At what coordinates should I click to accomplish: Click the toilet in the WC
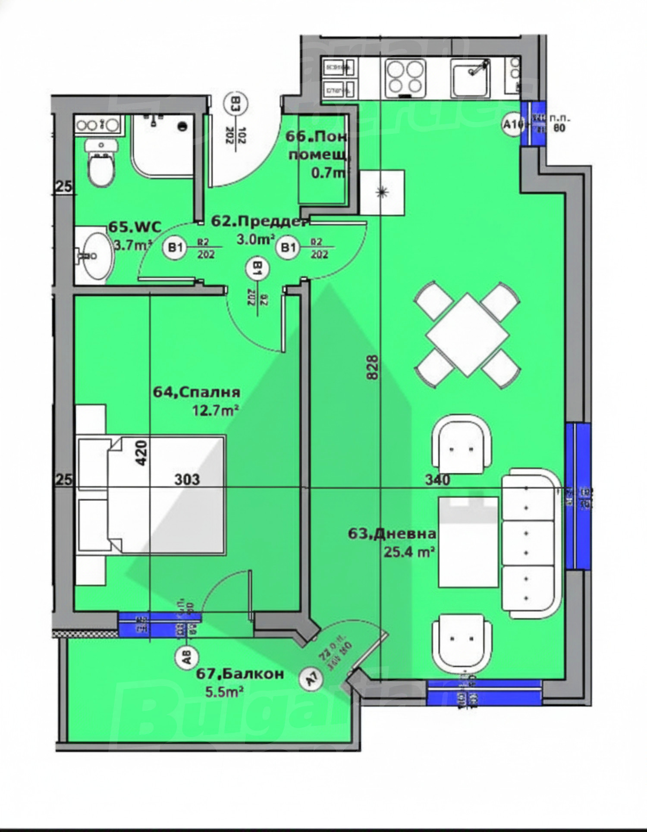tap(101, 166)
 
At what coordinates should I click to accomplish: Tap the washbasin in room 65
tap(97, 256)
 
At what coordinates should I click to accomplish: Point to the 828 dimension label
tap(373, 367)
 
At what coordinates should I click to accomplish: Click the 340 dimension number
tap(437, 479)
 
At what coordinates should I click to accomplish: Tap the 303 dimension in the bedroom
tap(187, 479)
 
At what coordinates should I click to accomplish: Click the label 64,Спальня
tap(197, 392)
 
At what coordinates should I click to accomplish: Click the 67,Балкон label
tap(240, 674)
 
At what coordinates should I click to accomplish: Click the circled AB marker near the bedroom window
tap(187, 658)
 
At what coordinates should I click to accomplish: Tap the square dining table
tap(468, 334)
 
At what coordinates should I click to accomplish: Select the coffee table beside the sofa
tap(468, 542)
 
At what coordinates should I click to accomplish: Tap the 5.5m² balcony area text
tap(224, 692)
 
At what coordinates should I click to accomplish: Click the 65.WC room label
tap(135, 226)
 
